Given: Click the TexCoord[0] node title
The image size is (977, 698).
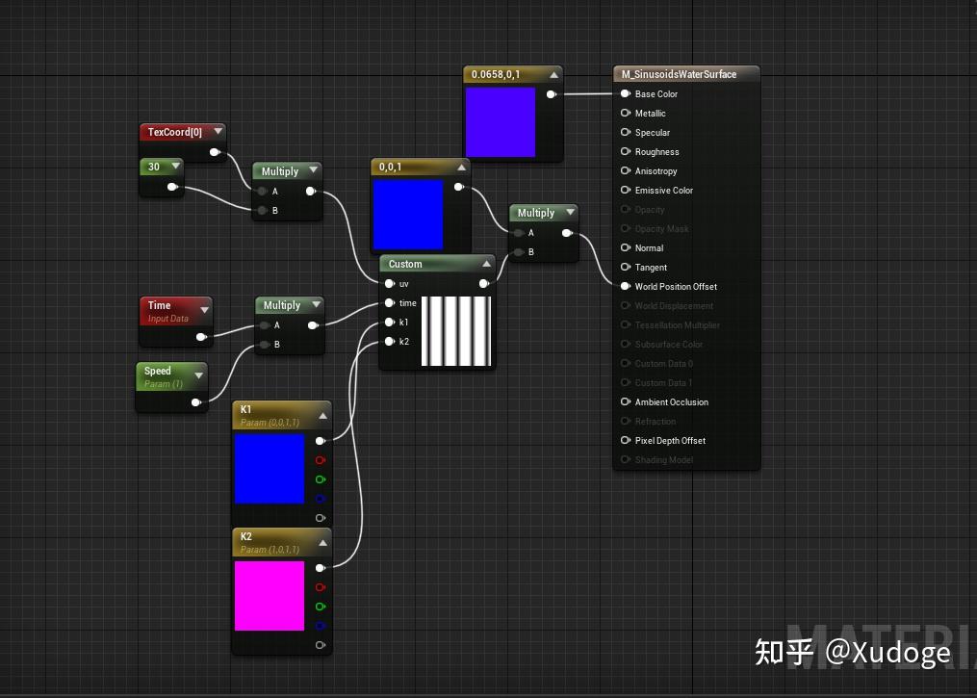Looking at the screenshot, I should coord(174,132).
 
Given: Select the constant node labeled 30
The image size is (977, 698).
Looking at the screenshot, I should coord(154,167).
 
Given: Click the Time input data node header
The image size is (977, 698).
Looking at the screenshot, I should coord(160,305).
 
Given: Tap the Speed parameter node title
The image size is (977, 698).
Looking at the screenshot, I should coord(158,371).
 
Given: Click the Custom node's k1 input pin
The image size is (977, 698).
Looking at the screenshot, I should coord(390,323).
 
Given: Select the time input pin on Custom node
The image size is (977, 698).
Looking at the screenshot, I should coord(390,303).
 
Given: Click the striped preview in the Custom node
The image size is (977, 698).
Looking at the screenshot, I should coord(456,331).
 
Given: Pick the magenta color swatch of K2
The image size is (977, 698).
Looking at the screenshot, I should coord(270,596).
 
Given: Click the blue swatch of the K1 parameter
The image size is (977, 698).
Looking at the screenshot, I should coord(270,468).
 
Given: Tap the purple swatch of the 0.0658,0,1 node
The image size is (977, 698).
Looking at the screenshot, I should coord(500,122).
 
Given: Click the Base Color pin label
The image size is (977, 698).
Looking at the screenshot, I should coord(656,94).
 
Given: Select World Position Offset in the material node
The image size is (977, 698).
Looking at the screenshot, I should coord(676,287).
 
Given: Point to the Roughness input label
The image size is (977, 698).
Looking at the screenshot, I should coord(657,152).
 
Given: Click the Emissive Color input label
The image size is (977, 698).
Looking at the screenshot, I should coord(664,191).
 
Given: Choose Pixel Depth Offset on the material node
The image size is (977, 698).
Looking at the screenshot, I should coord(670,441).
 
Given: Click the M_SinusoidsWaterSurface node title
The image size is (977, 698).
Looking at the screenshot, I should coord(679,74).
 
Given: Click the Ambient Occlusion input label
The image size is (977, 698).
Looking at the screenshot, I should coord(671,402).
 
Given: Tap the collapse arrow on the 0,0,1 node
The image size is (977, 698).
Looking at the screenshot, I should coord(462,168).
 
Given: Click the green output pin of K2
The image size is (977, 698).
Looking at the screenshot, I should coord(321,607).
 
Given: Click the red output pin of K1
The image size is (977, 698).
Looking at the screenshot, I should coord(321,460).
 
